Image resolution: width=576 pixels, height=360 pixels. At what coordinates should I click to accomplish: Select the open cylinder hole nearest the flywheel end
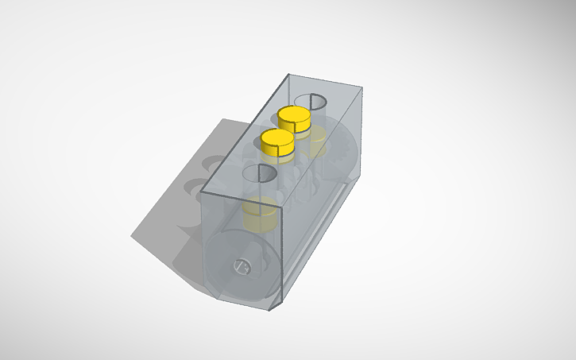click(259, 175)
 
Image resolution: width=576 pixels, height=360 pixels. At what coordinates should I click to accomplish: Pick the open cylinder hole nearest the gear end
click(311, 100)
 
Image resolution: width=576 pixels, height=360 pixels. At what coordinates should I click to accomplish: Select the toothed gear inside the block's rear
click(343, 157)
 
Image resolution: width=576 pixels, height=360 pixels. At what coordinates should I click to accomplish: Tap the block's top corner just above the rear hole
click(288, 74)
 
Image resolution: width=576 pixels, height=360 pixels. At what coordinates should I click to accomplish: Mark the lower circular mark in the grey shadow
click(194, 188)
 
